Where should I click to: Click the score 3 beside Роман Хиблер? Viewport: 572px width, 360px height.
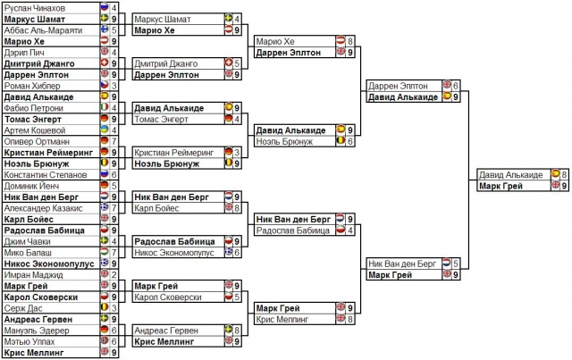[114, 86]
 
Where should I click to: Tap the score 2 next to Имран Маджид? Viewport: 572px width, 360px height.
[114, 275]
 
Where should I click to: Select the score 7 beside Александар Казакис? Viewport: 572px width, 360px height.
[114, 208]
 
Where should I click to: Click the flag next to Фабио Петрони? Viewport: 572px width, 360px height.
[104, 108]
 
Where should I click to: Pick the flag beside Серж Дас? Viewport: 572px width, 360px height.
[104, 308]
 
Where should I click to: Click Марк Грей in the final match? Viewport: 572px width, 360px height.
[501, 186]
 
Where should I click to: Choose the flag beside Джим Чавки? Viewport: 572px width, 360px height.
[104, 241]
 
